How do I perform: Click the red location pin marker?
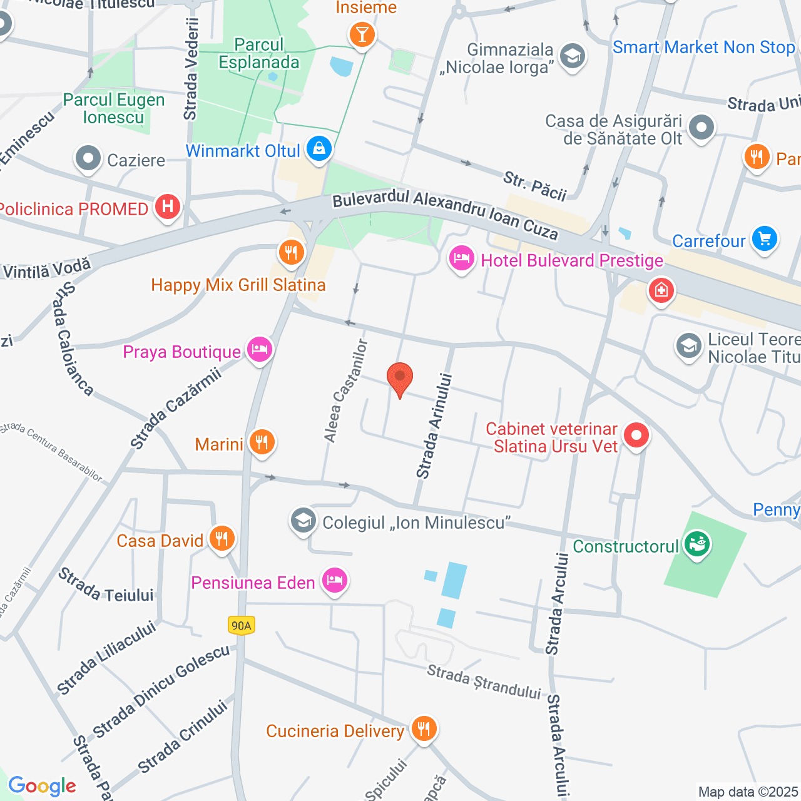tap(400, 377)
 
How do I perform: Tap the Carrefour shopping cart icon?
tap(764, 239)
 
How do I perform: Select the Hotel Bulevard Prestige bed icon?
tap(462, 258)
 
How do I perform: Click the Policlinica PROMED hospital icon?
tap(167, 207)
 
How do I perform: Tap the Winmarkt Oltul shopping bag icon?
tap(319, 149)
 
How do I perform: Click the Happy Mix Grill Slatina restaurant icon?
tap(291, 253)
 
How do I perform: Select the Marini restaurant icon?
tap(262, 442)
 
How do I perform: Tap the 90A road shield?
tap(242, 625)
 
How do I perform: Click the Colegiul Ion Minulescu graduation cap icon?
tap(304, 521)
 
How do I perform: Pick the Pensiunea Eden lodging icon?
tap(335, 580)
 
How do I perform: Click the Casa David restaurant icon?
tap(222, 538)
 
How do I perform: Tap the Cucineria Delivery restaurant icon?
tap(424, 728)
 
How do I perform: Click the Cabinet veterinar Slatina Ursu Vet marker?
tap(636, 435)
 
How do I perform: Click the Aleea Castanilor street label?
tap(344, 392)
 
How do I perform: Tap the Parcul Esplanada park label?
tap(259, 54)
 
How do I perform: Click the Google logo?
tap(42, 786)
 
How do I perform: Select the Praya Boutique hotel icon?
tap(259, 349)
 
